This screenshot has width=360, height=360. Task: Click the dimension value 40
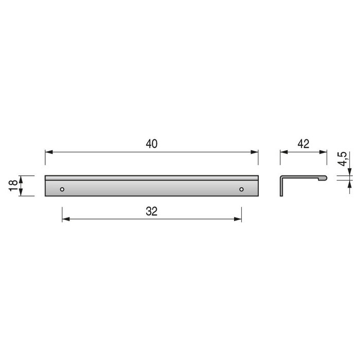click(151, 145)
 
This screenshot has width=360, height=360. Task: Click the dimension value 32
click(151, 211)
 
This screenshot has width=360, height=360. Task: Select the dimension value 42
click(303, 145)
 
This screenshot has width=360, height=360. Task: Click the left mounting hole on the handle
click(62, 189)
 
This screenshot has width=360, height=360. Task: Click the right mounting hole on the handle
click(241, 189)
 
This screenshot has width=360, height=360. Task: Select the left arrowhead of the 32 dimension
click(65, 219)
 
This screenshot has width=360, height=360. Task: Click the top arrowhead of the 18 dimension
click(21, 178)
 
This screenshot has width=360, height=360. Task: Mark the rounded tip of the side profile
click(323, 177)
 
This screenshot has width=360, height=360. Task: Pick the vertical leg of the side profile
click(281, 186)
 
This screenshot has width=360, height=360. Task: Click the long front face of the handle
click(151, 188)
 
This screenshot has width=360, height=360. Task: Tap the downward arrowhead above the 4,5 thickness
click(349, 173)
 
